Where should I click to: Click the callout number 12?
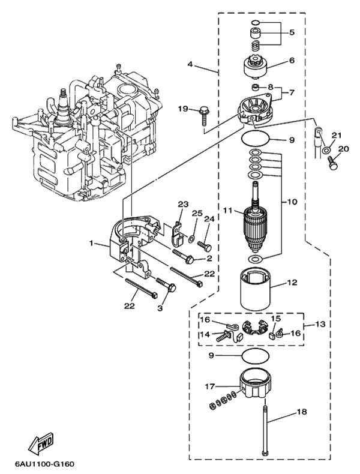(x=292, y=282)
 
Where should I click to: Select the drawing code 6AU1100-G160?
(x=41, y=464)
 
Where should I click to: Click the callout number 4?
(x=190, y=64)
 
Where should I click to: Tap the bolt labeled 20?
(x=332, y=161)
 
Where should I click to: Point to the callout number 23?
(x=183, y=205)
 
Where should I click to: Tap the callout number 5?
(x=292, y=32)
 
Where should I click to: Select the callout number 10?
(x=292, y=202)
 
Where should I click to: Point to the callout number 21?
(x=336, y=134)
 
